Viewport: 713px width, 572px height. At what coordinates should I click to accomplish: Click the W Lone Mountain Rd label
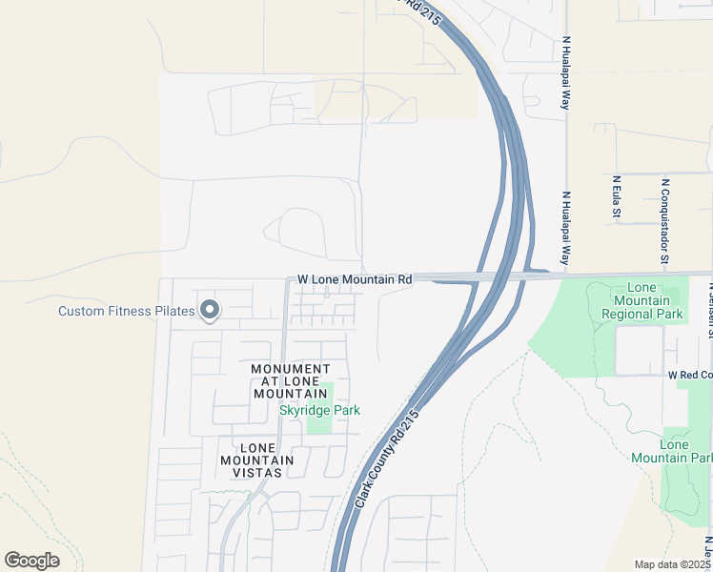point(355,279)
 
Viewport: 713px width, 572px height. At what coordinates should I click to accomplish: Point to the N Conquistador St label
point(664,221)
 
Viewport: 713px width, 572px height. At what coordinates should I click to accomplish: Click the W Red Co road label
point(689,377)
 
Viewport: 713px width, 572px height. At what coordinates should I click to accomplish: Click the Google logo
point(31,561)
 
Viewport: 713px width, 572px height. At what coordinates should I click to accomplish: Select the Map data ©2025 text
point(672,564)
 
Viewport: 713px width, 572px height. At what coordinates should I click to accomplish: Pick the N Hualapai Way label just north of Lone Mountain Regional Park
point(565,229)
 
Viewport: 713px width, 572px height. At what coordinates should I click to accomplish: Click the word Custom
point(83,311)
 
